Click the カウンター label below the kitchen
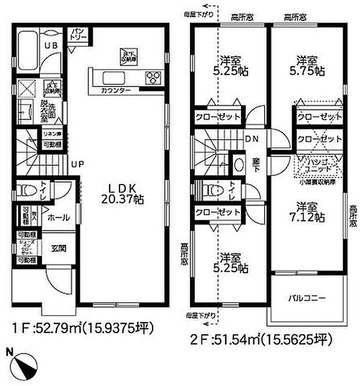pos(115,91)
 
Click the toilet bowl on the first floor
pos(25,191)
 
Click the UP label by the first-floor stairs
pos(77,164)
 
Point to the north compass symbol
pos(23,362)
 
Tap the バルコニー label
pos(307,298)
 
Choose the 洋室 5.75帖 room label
pos(307,64)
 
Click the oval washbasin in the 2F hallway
pos(239,164)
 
